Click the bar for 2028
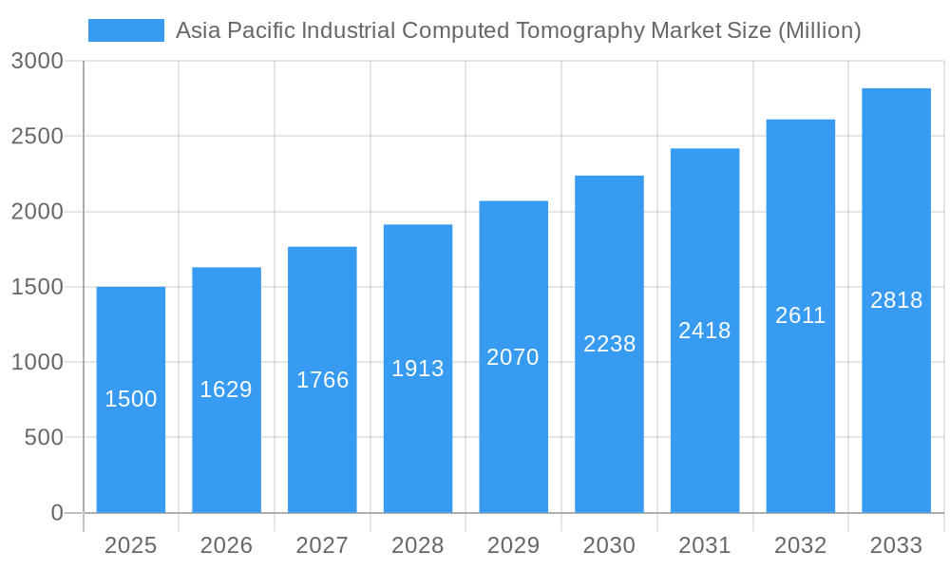click(418, 437)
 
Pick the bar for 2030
click(609, 427)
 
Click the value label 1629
click(226, 389)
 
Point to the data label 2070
click(513, 357)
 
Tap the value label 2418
click(705, 331)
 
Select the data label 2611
click(801, 315)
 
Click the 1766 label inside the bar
click(323, 380)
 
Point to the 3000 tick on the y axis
click(37, 61)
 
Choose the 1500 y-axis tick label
click(37, 287)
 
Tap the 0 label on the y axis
click(56, 513)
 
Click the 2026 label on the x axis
click(226, 545)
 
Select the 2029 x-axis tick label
click(513, 545)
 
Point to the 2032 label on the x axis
click(801, 545)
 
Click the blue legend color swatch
click(126, 30)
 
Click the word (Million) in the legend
click(819, 30)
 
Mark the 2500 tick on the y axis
click(37, 136)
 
